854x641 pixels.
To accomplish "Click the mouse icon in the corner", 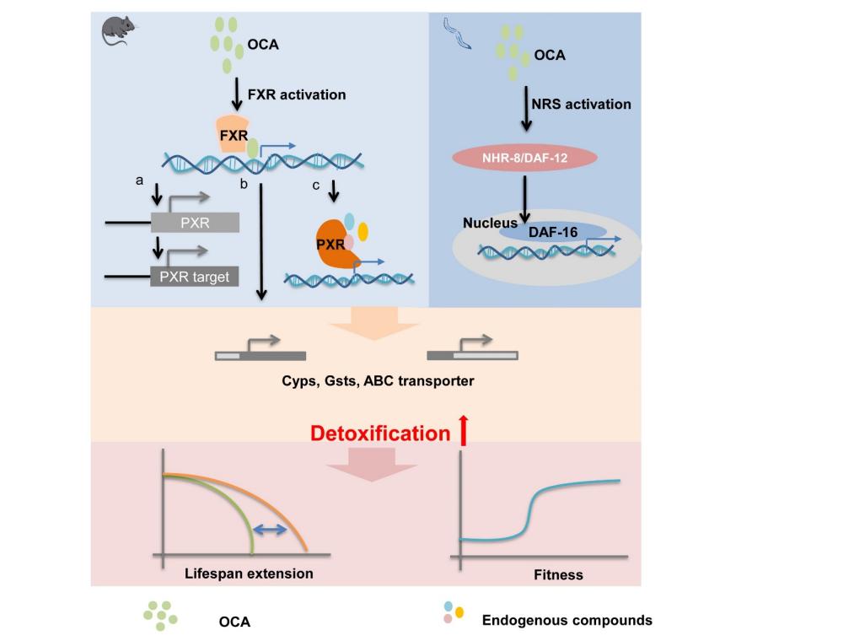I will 116,30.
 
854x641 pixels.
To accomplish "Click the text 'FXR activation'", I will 296,94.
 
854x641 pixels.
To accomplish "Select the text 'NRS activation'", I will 581,105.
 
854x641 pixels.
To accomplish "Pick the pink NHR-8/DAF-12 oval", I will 525,158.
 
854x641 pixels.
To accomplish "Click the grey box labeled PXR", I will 195,223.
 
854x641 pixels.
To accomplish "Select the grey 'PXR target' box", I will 195,276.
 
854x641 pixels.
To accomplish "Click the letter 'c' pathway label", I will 315,185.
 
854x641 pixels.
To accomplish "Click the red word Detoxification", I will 380,434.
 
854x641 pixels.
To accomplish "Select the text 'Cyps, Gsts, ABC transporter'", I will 378,380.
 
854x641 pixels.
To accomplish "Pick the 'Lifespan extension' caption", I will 249,574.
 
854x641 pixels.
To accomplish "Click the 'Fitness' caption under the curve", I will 558,575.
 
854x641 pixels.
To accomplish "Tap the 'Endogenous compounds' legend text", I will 567,620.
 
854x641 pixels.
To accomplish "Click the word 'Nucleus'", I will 490,224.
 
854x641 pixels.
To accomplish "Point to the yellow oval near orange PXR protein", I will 363,230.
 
